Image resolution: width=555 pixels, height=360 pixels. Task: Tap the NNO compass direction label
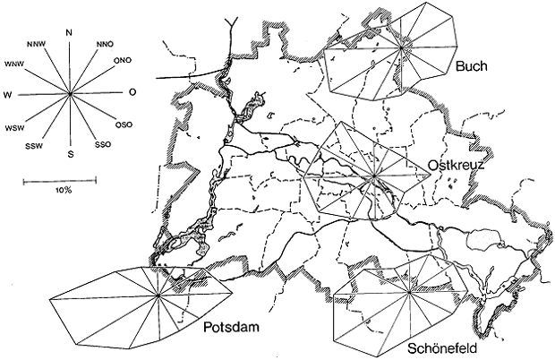105,41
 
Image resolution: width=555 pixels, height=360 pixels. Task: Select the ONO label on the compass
124,61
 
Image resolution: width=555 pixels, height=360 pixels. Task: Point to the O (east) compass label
132,92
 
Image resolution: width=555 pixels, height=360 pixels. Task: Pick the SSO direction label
104,144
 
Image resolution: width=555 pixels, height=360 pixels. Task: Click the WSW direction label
14,128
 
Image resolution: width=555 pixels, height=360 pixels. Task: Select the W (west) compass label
7,94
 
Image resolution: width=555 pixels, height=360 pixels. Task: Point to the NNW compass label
37,42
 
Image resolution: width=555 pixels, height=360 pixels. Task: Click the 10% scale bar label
63,192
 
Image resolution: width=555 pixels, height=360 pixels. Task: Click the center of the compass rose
70,93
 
